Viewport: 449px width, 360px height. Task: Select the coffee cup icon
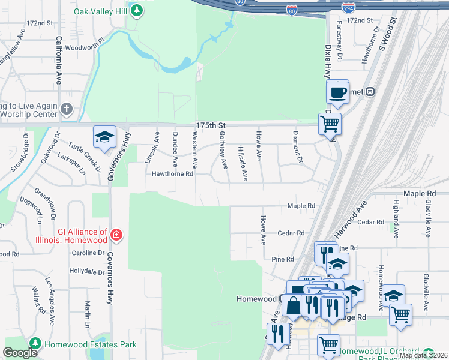pos(337,92)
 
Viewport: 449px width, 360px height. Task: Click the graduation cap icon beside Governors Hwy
pos(104,137)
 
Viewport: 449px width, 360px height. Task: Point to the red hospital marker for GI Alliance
pos(116,236)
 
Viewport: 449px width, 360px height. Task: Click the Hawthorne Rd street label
pos(172,174)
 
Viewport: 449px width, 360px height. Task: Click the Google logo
pos(20,353)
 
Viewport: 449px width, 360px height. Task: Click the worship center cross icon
pos(66,109)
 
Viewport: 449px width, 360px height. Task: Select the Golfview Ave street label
pos(223,149)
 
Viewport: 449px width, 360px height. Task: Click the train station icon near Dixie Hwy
pos(370,91)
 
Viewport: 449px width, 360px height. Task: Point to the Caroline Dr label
pos(88,253)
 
